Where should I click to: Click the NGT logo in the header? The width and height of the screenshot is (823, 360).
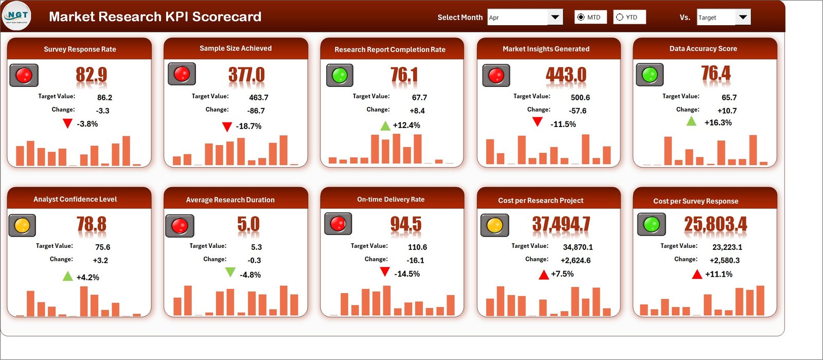pos(16,16)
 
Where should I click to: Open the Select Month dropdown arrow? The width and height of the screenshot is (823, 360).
pos(554,17)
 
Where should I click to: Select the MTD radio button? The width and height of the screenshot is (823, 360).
pos(581,17)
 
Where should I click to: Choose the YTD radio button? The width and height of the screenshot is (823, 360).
pos(620,17)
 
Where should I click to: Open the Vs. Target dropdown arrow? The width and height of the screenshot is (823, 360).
pos(742,17)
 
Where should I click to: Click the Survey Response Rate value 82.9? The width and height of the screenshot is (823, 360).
pos(92,75)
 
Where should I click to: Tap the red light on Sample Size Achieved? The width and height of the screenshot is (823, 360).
pos(182,74)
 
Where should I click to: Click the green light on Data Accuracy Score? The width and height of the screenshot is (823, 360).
pos(650,75)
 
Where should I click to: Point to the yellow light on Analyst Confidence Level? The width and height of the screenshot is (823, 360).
pos(22,225)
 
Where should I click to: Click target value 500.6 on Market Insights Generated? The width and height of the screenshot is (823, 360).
pos(580,98)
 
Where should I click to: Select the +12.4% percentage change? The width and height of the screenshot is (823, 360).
pos(406,125)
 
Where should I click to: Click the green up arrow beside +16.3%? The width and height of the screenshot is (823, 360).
pos(691,121)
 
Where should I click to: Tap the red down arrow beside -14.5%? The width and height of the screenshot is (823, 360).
pos(384,272)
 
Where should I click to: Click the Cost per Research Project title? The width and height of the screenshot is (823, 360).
pos(541,201)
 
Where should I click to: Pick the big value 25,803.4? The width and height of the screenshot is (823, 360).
pos(715,224)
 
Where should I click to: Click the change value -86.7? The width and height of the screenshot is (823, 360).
pos(256,111)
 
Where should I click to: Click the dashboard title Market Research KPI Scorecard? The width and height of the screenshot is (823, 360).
pos(155,17)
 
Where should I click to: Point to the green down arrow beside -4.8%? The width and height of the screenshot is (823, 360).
pos(230,272)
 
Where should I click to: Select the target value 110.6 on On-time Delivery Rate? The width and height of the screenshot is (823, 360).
pos(417,247)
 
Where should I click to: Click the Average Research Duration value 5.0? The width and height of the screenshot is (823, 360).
pos(248,225)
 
